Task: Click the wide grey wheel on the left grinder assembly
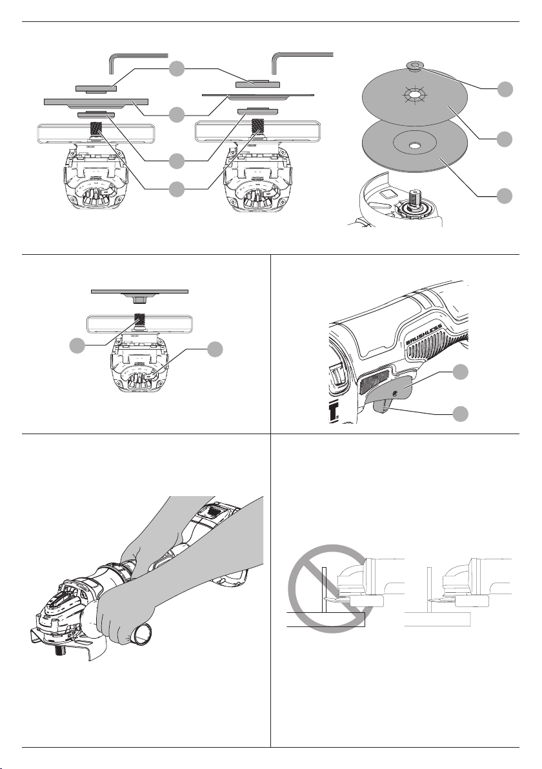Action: pos(95,101)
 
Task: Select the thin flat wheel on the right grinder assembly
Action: pos(258,94)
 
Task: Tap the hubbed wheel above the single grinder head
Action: pos(139,292)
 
